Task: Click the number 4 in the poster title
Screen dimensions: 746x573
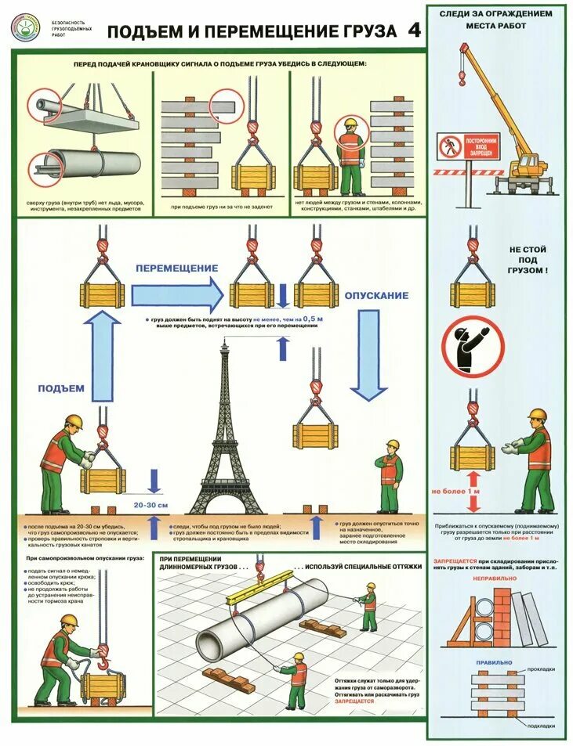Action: coord(414,30)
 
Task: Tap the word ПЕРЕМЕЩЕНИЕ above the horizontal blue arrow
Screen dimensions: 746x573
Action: coord(176,268)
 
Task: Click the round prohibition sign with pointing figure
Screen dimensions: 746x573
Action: coord(472,348)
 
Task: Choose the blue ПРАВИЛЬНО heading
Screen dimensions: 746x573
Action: coord(495,662)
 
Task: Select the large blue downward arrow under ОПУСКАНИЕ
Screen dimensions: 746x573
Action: coord(368,352)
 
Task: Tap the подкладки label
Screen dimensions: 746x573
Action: coord(541,724)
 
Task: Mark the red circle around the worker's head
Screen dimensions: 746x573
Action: coord(350,134)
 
